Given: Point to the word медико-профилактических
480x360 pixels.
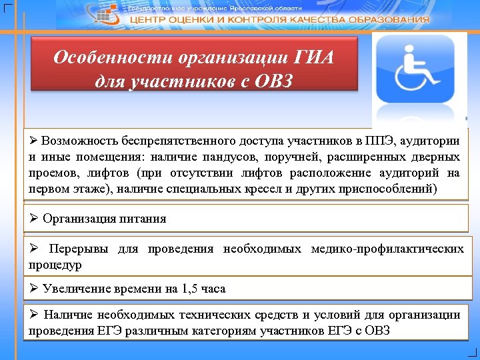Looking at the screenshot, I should [387, 249].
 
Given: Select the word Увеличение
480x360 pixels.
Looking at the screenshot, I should [74, 289].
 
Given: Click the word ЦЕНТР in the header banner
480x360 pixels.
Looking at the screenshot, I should [154, 20].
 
